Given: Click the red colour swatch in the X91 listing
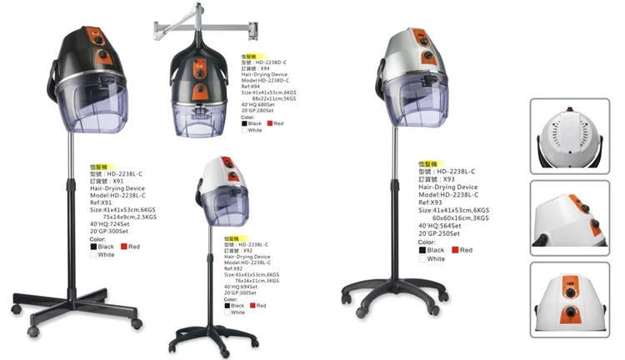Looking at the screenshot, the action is [x=123, y=247].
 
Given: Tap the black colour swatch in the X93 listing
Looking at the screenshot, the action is [x=423, y=250].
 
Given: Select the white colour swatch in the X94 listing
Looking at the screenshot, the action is [x=245, y=130].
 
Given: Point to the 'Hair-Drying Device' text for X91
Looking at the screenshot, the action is [x=119, y=189].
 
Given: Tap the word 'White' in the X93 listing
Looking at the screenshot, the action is [x=437, y=259].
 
